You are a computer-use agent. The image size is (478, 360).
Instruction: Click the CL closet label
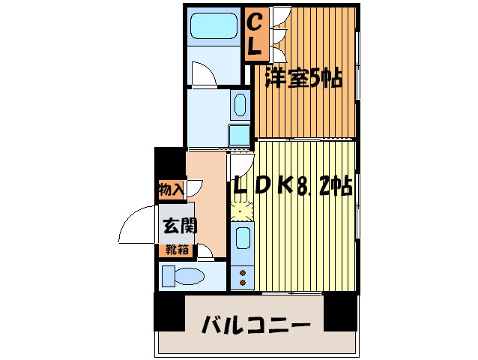pos(255,34)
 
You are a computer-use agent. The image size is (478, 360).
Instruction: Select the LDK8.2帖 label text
pos(293,185)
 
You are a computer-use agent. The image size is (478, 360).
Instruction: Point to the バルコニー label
pos(255,324)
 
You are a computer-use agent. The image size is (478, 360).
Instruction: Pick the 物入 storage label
pos(172,190)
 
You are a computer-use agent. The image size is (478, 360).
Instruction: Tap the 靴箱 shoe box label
pos(177,250)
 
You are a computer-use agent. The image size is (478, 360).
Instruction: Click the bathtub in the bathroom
pos(214,25)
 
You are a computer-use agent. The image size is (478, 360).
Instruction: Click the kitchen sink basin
pos(243,238)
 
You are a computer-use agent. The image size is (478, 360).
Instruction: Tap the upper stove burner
pos(243,272)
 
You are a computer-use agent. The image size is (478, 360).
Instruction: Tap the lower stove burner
pos(243,283)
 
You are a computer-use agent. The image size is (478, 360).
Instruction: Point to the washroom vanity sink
pos(240,104)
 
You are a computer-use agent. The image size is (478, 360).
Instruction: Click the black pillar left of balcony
pos(169,312)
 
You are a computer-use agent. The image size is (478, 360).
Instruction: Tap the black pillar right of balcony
pos(340,312)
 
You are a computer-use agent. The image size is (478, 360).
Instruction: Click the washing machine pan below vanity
pos(240,136)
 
